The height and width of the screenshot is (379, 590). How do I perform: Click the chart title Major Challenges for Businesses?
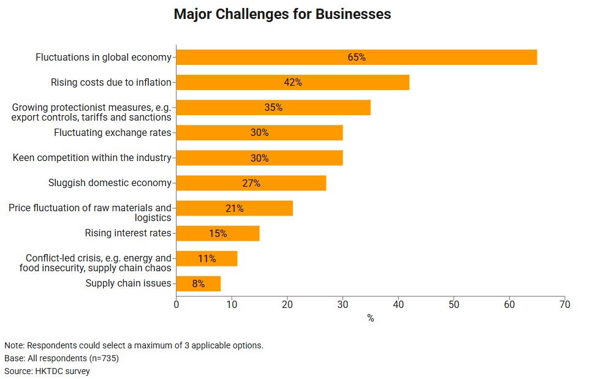[282, 14]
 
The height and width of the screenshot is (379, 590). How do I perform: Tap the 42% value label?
[293, 82]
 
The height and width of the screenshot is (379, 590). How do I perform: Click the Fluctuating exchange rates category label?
[113, 132]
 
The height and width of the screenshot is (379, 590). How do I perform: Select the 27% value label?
[251, 183]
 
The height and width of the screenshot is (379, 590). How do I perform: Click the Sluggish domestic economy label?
[110, 182]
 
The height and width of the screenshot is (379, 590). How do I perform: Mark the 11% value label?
[207, 258]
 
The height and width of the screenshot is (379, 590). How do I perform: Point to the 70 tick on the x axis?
[564, 304]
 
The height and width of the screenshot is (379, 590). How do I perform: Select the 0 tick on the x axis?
[176, 304]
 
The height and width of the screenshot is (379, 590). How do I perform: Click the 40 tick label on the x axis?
[398, 304]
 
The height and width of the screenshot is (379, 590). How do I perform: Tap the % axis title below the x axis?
[370, 318]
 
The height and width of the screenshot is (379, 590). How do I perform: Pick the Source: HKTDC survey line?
[47, 371]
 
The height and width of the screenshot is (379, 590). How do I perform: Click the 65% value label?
[357, 57]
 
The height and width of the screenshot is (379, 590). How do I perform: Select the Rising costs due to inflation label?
[111, 82]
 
